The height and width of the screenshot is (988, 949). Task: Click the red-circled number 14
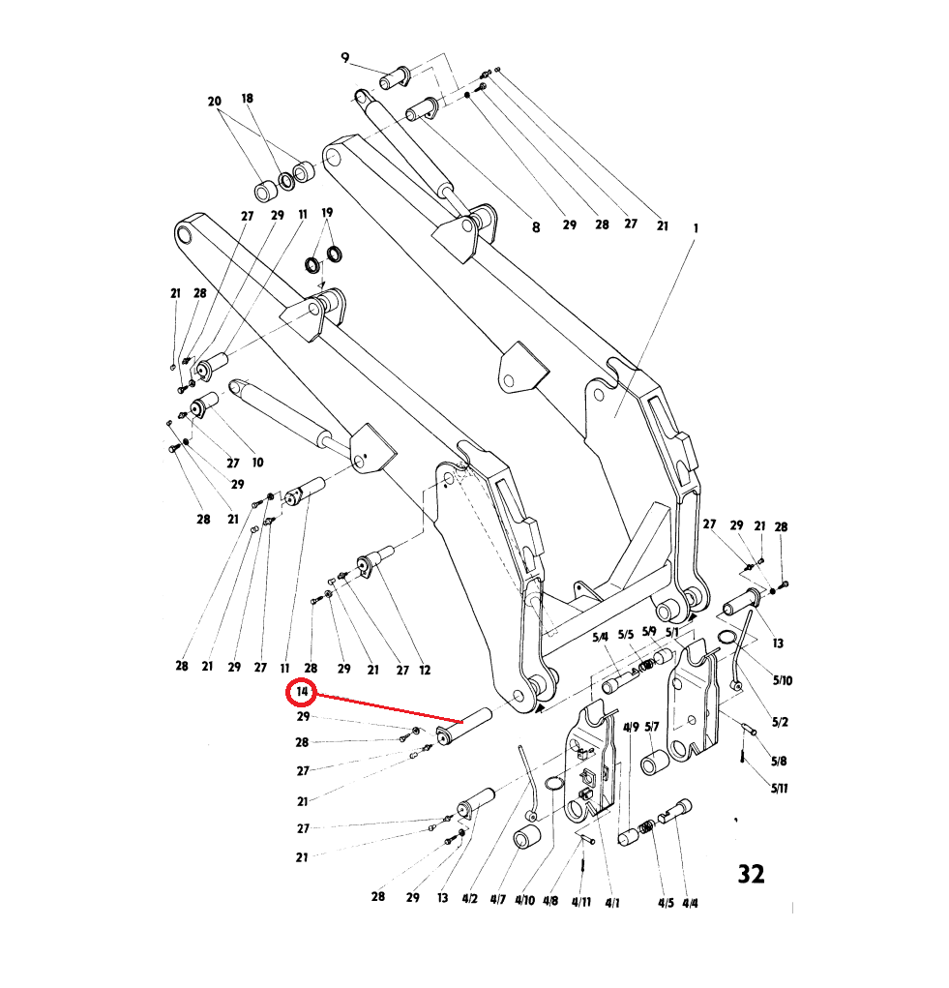302,692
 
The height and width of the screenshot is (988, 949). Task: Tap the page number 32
751,874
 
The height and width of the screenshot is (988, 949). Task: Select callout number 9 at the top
344,58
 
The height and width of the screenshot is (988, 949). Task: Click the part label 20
215,101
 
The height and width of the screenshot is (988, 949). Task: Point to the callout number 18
247,99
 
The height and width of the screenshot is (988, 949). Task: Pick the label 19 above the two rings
327,212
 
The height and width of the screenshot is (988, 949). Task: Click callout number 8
536,227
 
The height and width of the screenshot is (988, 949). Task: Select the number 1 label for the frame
696,228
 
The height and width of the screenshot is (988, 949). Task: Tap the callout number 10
257,463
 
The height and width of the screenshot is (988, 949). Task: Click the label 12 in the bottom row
425,670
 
